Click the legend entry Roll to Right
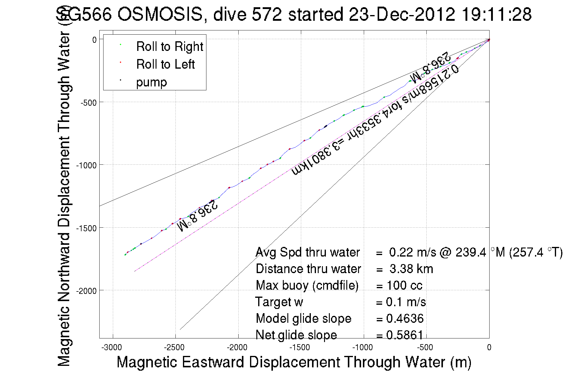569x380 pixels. [169, 47]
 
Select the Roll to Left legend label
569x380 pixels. [165, 64]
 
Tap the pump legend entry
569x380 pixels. [151, 82]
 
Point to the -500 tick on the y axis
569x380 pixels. [88, 103]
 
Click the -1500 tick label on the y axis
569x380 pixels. [86, 228]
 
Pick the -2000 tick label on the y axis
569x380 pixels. [86, 291]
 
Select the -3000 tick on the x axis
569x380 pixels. [112, 347]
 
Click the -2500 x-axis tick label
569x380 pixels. [174, 347]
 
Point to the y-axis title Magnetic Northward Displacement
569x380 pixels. [64, 199]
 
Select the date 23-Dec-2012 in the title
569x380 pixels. [402, 14]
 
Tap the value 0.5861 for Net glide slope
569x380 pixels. [405, 335]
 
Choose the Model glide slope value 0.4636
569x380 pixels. [405, 319]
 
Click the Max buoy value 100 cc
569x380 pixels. [404, 285]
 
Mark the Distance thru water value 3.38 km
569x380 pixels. [411, 269]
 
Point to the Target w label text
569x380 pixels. [279, 302]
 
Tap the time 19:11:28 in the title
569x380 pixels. [496, 14]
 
